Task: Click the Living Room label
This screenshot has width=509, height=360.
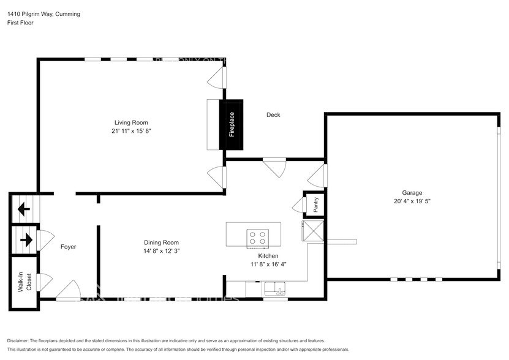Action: pyautogui.click(x=131, y=122)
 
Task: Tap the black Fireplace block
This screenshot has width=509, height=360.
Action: pyautogui.click(x=232, y=124)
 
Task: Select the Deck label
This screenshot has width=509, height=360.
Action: pyautogui.click(x=273, y=114)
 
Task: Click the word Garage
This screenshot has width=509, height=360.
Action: pyautogui.click(x=412, y=192)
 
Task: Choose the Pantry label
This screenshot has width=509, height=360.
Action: pyautogui.click(x=315, y=205)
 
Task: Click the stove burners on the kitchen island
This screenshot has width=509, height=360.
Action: pyautogui.click(x=256, y=238)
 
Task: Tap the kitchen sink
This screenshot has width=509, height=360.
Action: pyautogui.click(x=275, y=288)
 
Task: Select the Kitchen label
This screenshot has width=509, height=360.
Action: pyautogui.click(x=268, y=256)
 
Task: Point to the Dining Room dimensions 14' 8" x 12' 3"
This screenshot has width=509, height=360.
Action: pyautogui.click(x=161, y=250)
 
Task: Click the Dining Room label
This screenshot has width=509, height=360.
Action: pyautogui.click(x=161, y=242)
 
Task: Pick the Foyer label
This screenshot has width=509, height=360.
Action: pyautogui.click(x=68, y=247)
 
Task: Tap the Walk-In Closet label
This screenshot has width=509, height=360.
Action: pyautogui.click(x=23, y=282)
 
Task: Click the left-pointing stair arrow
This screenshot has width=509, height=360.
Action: pyautogui.click(x=24, y=209)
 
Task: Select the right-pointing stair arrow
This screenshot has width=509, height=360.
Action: pyautogui.click(x=25, y=239)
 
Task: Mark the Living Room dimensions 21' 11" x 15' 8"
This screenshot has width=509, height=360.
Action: pyautogui.click(x=131, y=131)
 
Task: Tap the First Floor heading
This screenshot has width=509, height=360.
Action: pyautogui.click(x=21, y=23)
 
